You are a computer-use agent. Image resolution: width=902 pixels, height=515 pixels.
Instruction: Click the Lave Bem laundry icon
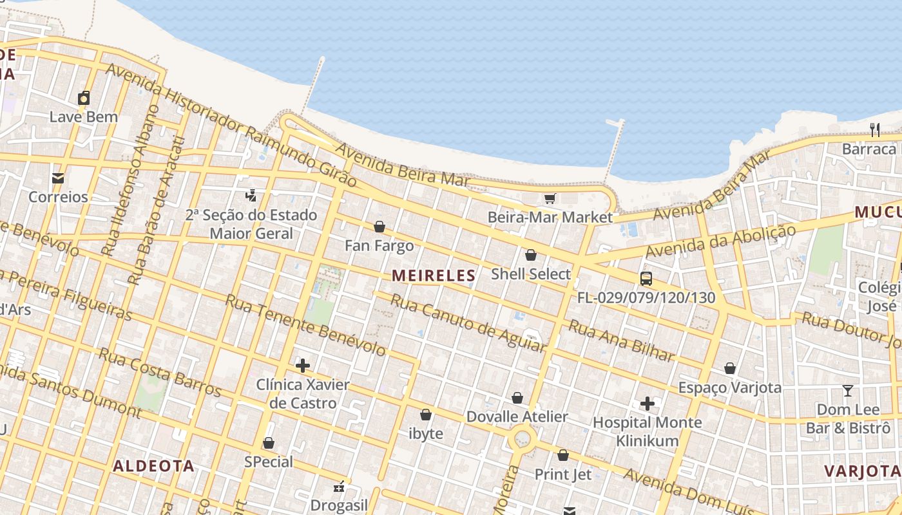point(84,98)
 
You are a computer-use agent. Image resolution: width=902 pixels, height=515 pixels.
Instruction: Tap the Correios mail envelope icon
point(58,178)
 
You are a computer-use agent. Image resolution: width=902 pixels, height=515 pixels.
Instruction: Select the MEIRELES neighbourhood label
point(433,276)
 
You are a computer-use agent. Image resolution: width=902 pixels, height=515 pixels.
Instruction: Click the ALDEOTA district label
point(153,466)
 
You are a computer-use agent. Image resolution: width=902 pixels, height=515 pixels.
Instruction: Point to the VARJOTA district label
point(862,471)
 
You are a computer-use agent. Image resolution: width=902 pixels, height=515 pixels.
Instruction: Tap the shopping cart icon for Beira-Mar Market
point(550,198)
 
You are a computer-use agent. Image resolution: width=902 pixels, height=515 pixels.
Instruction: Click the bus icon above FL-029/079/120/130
point(646,279)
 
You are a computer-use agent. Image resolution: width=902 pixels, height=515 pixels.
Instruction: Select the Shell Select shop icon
point(531,255)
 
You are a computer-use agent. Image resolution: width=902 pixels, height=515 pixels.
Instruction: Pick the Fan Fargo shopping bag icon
point(379,227)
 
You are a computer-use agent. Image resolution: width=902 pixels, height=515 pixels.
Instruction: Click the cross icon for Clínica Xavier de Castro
point(302,366)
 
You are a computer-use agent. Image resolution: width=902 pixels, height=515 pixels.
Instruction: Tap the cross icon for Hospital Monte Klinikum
point(648,404)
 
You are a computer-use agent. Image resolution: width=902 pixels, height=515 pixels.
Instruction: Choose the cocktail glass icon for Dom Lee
point(848,391)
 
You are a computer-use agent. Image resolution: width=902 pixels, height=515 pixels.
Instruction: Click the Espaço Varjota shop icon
point(730,368)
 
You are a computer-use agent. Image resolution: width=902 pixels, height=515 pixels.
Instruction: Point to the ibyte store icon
point(426,415)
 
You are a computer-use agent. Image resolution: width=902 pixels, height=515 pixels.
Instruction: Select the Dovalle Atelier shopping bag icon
point(517,398)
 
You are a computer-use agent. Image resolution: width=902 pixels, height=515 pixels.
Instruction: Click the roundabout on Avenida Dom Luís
point(521,440)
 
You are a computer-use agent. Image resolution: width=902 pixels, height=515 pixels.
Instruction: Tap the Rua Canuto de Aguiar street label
point(468,323)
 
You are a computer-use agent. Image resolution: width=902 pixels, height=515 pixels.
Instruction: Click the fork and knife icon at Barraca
point(875,130)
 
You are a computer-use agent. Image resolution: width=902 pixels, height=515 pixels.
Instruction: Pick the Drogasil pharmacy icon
point(339,487)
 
